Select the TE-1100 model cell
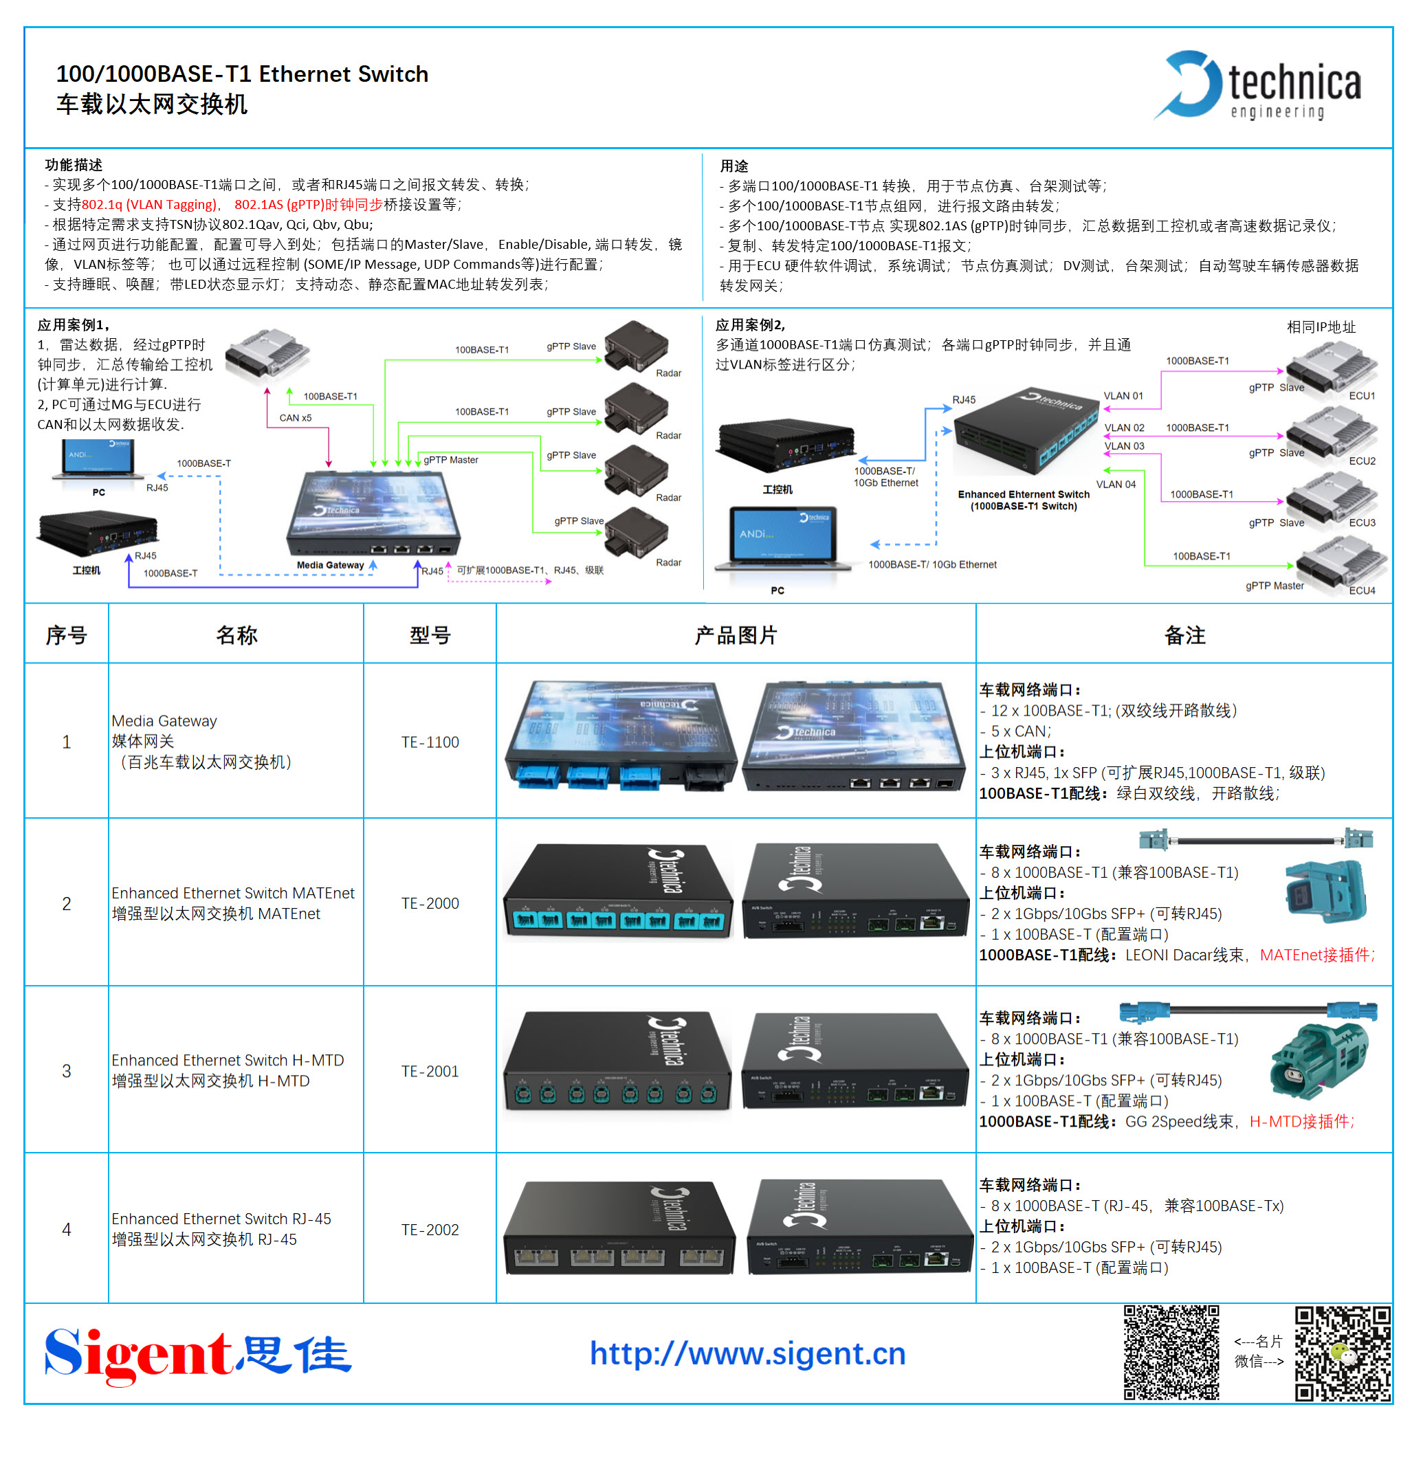point(430,742)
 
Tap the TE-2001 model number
point(430,1071)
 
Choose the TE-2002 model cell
point(430,1230)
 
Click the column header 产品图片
point(736,635)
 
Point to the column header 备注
point(1184,635)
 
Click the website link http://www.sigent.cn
point(747,1353)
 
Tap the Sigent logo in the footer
point(197,1354)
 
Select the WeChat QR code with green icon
point(1343,1353)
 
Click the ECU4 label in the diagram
point(1362,590)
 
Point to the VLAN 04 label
point(1116,485)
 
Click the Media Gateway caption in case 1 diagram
point(331,565)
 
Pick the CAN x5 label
point(295,418)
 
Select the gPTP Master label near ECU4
point(1275,586)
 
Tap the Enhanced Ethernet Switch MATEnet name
point(233,893)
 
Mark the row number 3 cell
point(67,1071)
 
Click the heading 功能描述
point(74,164)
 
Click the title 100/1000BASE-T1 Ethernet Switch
point(242,74)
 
